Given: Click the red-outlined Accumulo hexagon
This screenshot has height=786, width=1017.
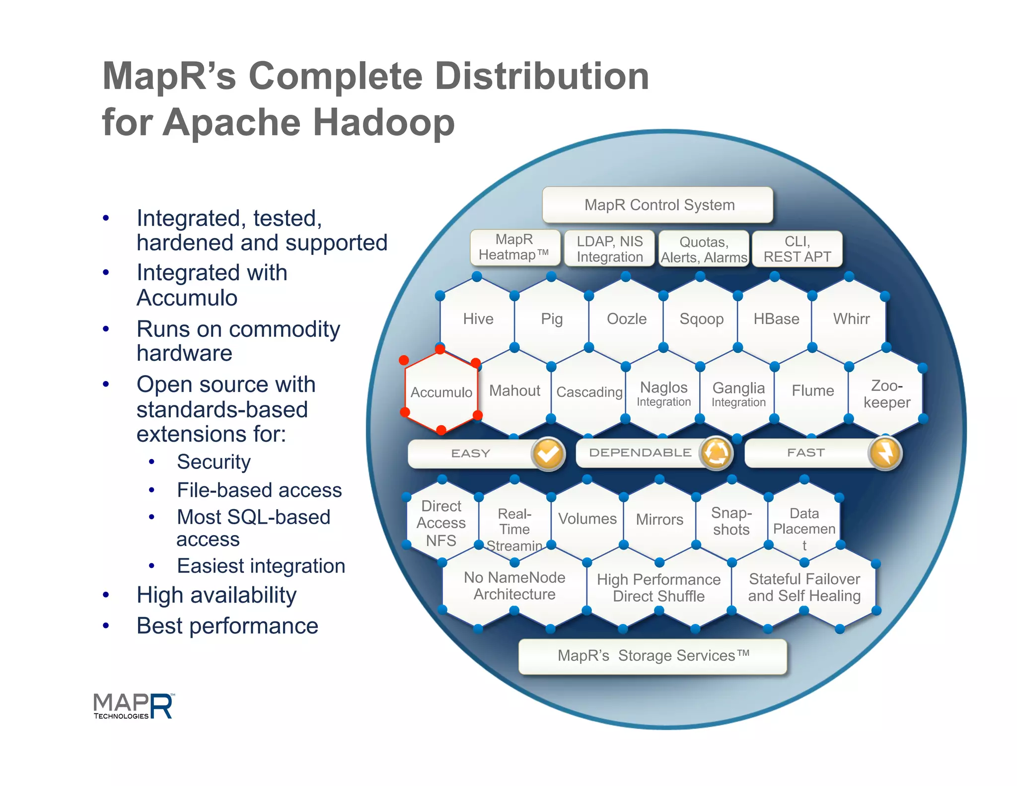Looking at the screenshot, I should point(441,392).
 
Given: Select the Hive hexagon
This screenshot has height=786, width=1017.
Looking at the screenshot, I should point(478,319).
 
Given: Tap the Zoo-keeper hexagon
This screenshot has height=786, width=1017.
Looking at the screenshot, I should point(886,393).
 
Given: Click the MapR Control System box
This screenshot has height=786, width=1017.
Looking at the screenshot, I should point(658,205).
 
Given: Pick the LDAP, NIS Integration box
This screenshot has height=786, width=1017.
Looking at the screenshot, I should point(609,249).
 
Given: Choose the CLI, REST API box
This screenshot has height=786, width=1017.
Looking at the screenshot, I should point(797,249).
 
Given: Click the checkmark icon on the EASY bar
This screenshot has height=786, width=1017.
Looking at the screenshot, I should point(548,453).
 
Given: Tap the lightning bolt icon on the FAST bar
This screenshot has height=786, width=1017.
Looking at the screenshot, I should point(885,453).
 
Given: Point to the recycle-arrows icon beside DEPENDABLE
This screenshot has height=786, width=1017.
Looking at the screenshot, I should point(716,453).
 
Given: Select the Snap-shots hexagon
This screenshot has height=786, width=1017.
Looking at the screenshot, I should point(731,521).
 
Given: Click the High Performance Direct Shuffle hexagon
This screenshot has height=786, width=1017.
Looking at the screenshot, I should point(658,588).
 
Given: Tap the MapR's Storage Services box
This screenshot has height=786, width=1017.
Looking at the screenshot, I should point(653,656).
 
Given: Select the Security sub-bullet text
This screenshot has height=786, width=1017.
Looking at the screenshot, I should point(214,462).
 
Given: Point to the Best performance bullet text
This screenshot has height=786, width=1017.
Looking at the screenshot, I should point(227,626).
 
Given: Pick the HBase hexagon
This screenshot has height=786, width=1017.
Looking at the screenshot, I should point(776,319).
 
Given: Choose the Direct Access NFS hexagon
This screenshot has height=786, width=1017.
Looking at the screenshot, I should point(441,523).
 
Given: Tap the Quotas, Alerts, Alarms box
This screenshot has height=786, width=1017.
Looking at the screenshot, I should point(704,249).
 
